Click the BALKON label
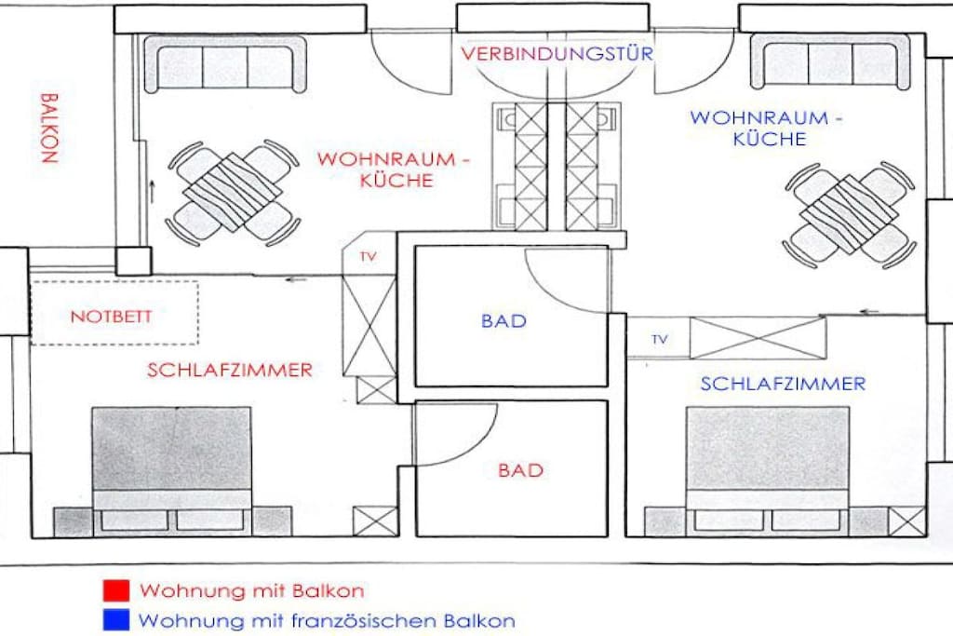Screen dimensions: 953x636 [x=49, y=128]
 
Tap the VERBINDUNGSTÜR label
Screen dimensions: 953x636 [x=557, y=53]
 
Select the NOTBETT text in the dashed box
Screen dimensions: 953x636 [x=112, y=317]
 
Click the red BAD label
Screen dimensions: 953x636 [x=520, y=470]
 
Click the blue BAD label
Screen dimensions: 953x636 [x=503, y=320]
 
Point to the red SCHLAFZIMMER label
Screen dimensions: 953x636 [x=230, y=370]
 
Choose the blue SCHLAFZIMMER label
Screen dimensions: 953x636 [x=783, y=384]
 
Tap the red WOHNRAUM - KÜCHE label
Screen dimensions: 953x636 [x=394, y=169]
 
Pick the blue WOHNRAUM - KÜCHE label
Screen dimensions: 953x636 [x=766, y=128]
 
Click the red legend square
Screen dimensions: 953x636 [x=116, y=590]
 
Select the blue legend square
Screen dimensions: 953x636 [x=116, y=620]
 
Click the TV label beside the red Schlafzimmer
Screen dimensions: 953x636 [x=369, y=257]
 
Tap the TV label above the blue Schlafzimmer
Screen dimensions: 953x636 [x=660, y=339]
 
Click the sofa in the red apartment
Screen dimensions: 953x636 [x=225, y=63]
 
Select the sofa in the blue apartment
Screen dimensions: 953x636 [x=830, y=61]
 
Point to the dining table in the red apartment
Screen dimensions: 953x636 [x=234, y=193]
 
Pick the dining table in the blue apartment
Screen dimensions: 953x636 [x=850, y=214]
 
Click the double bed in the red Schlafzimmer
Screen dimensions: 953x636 [x=172, y=471]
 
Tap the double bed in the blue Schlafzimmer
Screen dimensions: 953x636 [x=768, y=471]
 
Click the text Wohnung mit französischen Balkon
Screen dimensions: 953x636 [x=327, y=621]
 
